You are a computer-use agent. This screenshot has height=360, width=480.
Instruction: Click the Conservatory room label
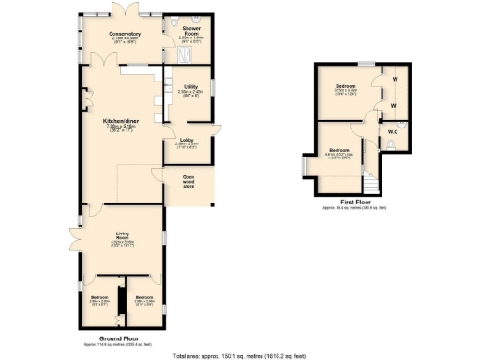point(125,34)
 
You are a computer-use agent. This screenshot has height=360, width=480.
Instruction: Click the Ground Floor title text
point(120,340)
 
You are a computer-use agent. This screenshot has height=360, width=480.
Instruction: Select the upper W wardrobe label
point(394,79)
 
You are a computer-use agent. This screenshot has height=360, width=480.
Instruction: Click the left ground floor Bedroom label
point(98,298)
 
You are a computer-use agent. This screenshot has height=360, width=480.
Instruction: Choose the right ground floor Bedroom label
point(144,298)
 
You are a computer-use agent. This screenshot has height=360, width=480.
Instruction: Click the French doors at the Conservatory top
point(122,11)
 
